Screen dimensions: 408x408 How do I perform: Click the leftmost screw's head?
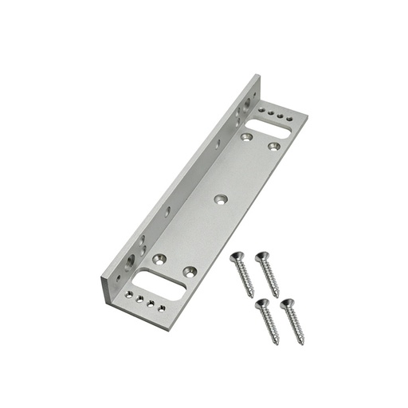(236, 257)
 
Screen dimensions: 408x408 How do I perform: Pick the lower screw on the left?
(267, 320)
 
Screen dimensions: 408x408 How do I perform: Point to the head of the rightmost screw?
(286, 304)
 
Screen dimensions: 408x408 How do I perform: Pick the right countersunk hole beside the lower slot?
(189, 272)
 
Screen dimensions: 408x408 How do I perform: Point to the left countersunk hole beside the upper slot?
(247, 137)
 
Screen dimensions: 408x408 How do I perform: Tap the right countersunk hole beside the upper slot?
(273, 146)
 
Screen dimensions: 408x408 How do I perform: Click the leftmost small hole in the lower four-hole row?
(129, 294)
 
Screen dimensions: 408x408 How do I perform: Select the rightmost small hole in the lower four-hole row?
(162, 308)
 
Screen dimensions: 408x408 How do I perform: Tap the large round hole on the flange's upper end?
(247, 103)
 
